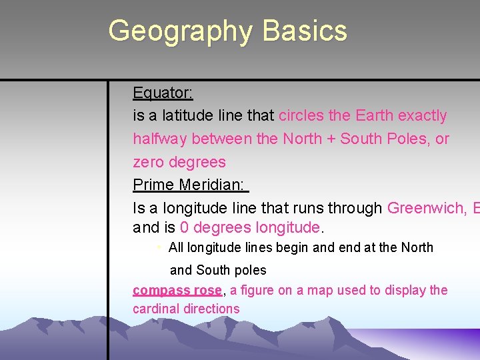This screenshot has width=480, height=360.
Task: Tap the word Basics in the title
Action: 305,31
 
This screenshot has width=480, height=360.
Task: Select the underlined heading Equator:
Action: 163,93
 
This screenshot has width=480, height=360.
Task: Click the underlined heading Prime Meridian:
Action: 189,185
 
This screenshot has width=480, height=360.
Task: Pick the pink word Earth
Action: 375,115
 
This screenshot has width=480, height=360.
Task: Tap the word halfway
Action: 160,139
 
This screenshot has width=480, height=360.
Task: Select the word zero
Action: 149,162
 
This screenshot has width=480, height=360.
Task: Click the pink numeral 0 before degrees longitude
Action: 184,228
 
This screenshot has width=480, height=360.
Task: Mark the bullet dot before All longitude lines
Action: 159,247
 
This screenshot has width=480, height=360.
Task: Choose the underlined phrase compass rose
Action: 177,290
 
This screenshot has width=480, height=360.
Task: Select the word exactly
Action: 422,115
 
